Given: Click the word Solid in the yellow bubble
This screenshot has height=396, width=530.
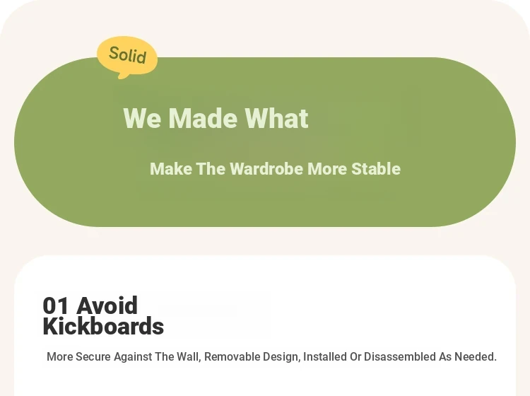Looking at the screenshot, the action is click(x=127, y=54).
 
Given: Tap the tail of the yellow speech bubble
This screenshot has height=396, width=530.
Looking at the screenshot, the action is click(x=122, y=76).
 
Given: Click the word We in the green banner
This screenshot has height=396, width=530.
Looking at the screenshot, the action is click(x=142, y=118).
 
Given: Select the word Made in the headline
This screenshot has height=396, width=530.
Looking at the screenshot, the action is click(x=203, y=118).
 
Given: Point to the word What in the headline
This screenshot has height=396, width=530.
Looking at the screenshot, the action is click(x=276, y=118).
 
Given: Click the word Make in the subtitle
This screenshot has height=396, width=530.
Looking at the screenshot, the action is click(x=171, y=169).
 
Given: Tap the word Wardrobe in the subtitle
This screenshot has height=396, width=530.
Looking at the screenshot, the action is click(x=266, y=169).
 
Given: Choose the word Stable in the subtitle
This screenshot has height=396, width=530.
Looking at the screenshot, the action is click(x=376, y=169).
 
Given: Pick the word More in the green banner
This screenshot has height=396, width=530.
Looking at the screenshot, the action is click(x=327, y=169).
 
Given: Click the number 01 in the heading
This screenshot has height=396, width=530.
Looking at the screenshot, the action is click(x=56, y=305).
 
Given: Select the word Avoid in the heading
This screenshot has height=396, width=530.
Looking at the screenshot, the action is click(x=107, y=305).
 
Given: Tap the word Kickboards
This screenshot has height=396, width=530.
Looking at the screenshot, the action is click(x=103, y=326).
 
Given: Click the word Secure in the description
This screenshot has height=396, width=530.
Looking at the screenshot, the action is click(x=93, y=357).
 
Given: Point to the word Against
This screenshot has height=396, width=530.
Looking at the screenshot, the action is click(x=133, y=357).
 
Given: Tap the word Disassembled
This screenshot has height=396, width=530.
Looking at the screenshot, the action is click(x=400, y=357).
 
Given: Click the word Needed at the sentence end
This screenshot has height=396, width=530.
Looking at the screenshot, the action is click(x=476, y=357).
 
